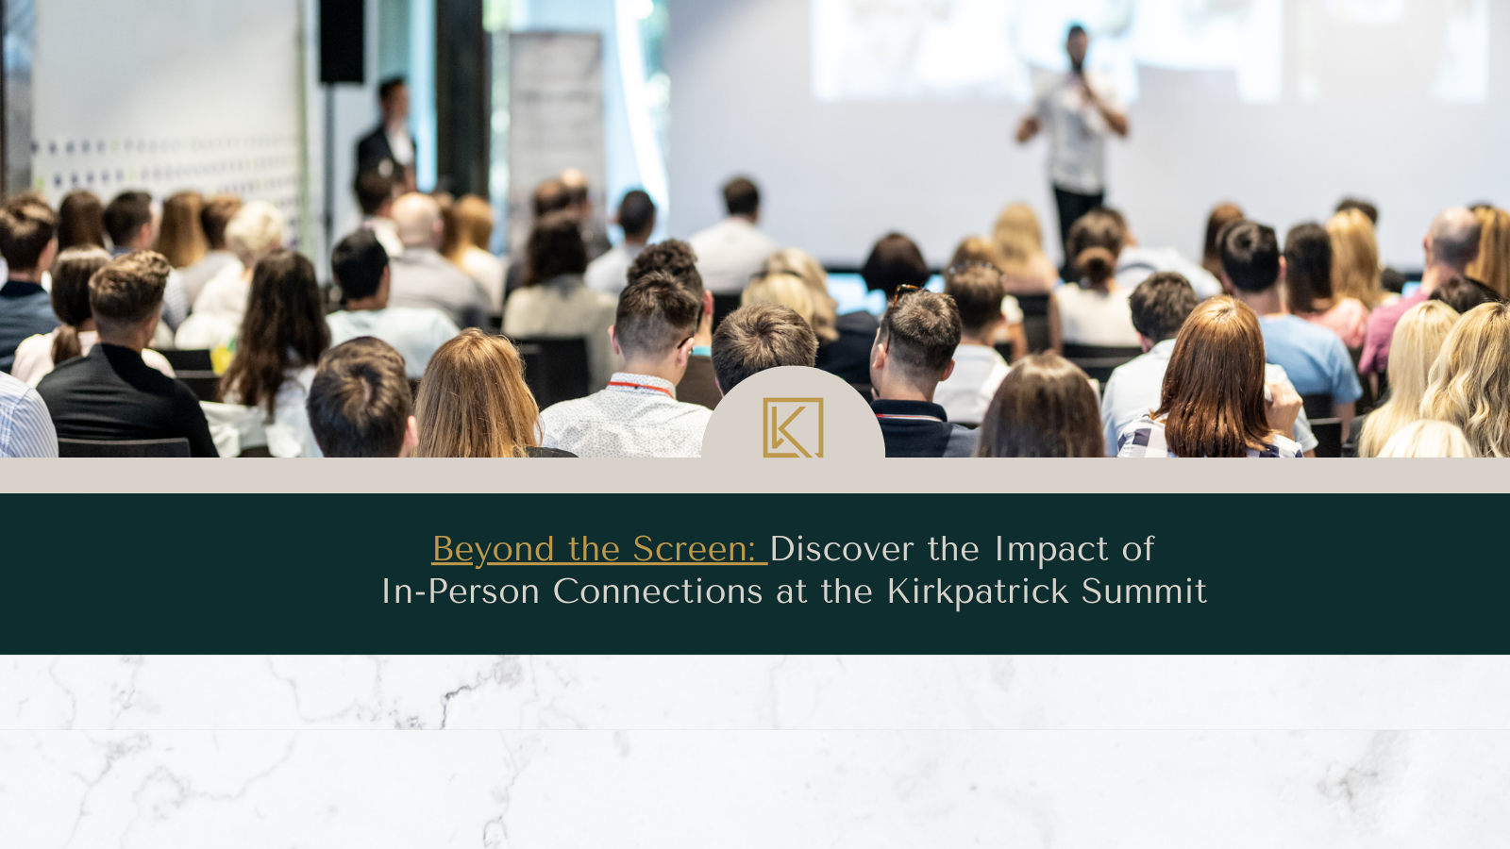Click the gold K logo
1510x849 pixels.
(x=793, y=427)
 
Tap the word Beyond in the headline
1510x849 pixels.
(x=493, y=550)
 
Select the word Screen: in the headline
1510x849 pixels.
(x=694, y=549)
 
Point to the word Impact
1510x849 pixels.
(x=1051, y=550)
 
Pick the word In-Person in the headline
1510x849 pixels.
(x=461, y=591)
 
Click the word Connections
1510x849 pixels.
(x=657, y=591)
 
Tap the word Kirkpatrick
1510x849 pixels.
(x=978, y=592)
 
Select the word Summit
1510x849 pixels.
(x=1144, y=591)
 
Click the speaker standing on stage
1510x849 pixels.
(x=1075, y=135)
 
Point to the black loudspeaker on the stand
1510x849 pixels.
(x=341, y=41)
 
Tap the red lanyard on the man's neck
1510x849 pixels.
(x=641, y=388)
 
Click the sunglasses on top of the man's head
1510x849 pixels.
(x=905, y=293)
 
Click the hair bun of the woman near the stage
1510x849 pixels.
(x=1094, y=264)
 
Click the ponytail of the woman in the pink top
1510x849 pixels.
(x=66, y=342)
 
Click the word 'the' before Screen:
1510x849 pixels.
(x=594, y=549)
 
